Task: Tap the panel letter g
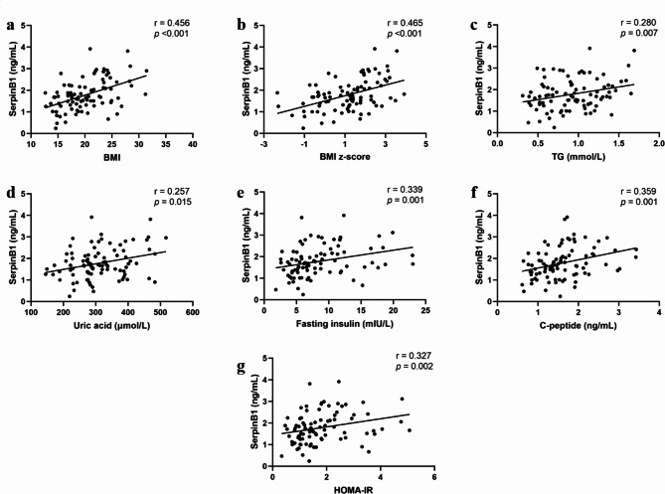[x=241, y=367]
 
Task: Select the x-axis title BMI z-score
[x=344, y=156]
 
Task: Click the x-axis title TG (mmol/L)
[x=579, y=157]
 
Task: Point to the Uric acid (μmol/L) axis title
[x=111, y=326]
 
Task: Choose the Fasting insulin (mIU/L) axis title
[x=344, y=324]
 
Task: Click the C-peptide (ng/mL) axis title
[x=579, y=326]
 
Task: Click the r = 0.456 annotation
[x=172, y=23]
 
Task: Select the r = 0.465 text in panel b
[x=405, y=23]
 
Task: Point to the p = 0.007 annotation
[x=639, y=33]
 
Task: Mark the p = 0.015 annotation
[x=173, y=202]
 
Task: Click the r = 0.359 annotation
[x=638, y=191]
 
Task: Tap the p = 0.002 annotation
[x=415, y=367]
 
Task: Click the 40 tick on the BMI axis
[x=193, y=144]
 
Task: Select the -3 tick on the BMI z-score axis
[x=263, y=144]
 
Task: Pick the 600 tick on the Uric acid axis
[x=193, y=312]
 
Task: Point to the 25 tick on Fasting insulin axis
[x=425, y=310]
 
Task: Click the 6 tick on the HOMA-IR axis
[x=433, y=477]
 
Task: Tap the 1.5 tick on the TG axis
[x=618, y=144]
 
